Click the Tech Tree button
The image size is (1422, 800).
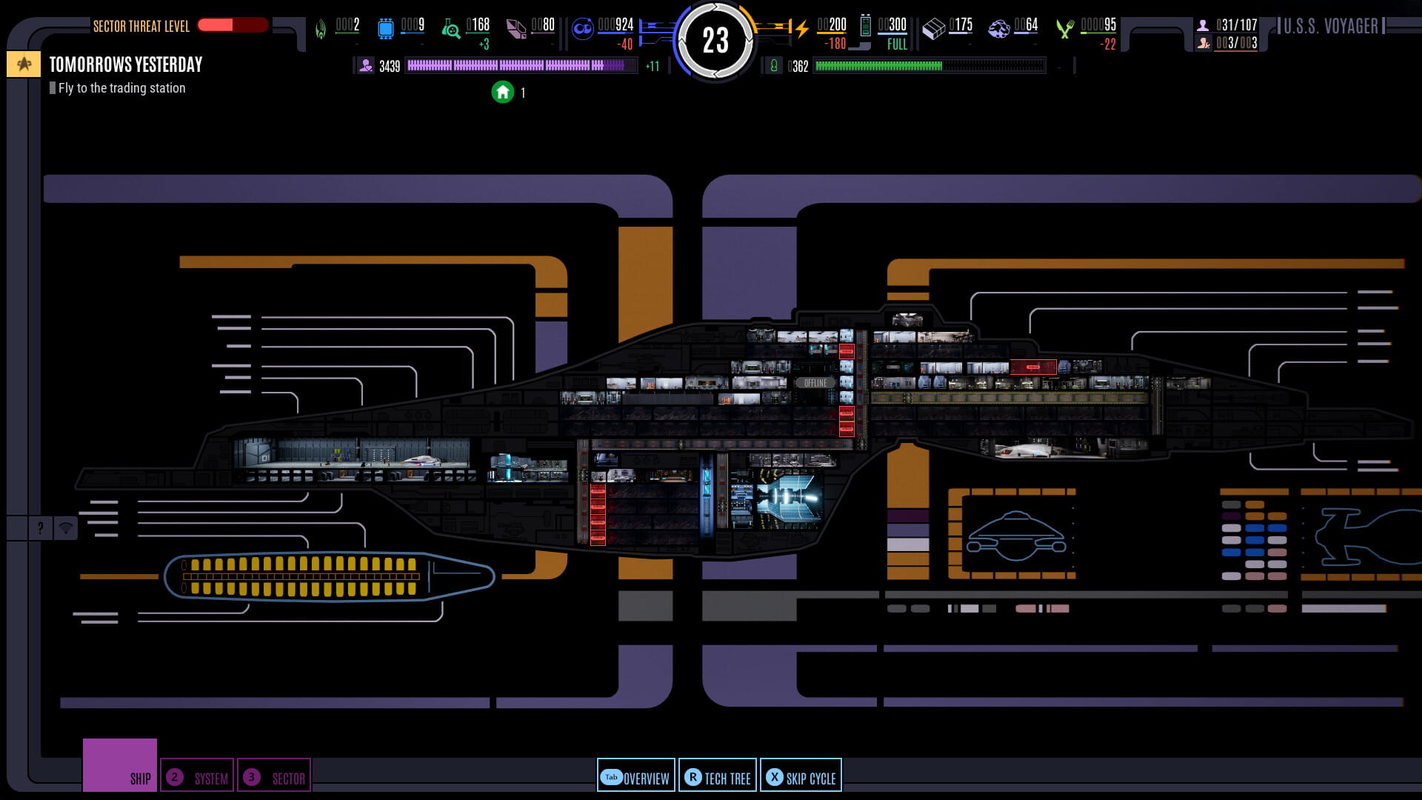(717, 777)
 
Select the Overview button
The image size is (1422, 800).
(635, 777)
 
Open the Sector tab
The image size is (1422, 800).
(274, 777)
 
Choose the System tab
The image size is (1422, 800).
(197, 777)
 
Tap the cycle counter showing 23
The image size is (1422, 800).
(715, 40)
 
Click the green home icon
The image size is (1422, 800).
(503, 93)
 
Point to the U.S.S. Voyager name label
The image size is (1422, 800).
(1330, 27)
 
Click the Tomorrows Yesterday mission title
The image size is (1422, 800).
(126, 65)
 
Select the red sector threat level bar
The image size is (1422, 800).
(233, 25)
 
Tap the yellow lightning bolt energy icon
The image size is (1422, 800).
(801, 29)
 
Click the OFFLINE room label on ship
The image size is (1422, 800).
(815, 383)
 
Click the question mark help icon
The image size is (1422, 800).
(41, 528)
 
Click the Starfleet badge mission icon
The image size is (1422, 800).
(24, 64)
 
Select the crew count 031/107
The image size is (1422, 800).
(1235, 25)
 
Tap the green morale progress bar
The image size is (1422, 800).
(929, 66)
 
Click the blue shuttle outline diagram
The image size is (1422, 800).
(1016, 536)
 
